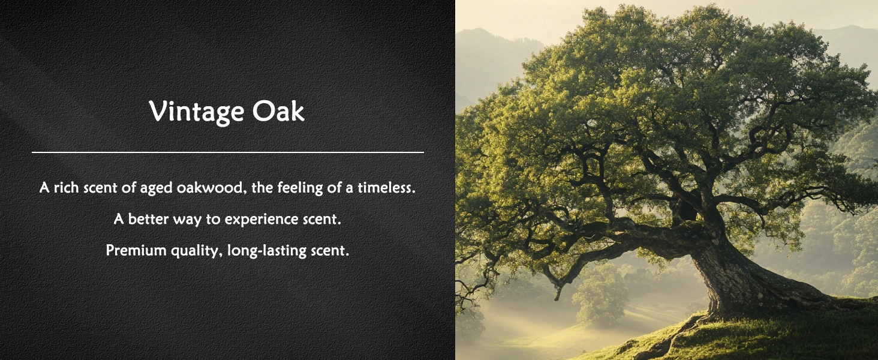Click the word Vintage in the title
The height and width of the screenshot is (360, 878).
coord(196,112)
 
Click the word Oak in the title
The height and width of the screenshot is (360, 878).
coord(278,110)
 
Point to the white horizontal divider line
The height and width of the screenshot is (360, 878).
coord(228,152)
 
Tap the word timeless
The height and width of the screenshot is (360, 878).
coord(386,187)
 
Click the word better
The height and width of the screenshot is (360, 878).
coord(148,219)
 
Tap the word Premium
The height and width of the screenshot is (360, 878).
coord(136,250)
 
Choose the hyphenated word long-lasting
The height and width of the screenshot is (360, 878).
coord(266,251)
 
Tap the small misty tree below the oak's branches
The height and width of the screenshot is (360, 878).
coord(599,298)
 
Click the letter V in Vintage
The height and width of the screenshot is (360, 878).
coord(159,112)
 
